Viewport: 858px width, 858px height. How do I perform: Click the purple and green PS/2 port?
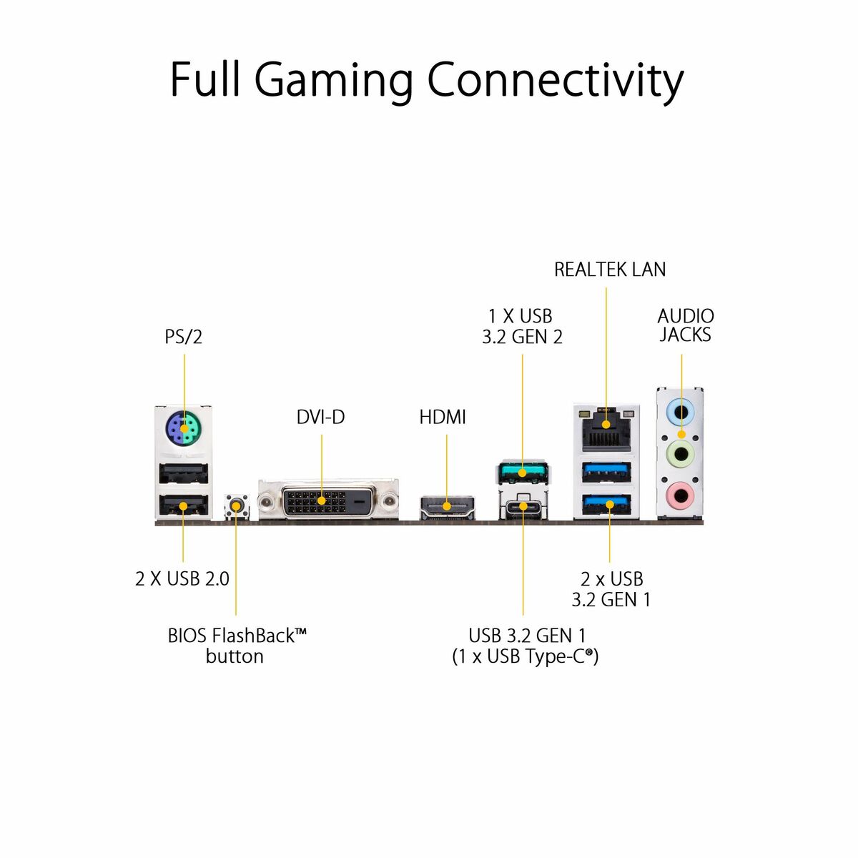tap(184, 430)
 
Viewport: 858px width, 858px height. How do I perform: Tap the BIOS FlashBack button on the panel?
tap(235, 506)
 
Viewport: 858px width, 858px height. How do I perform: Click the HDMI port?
tap(447, 506)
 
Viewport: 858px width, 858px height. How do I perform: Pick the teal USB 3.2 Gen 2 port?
tap(523, 472)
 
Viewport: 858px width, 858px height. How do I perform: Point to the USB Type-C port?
tap(523, 507)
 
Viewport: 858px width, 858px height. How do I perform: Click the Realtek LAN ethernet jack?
tap(606, 423)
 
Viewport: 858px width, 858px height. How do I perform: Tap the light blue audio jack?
tap(681, 413)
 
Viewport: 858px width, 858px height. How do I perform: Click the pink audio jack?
tap(681, 493)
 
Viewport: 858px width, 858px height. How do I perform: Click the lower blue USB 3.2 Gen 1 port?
tap(607, 505)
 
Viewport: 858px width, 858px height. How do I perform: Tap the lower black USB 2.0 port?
tap(183, 506)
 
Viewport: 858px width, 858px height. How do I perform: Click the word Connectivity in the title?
tap(555, 80)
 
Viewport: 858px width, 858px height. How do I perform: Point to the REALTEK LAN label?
tap(610, 270)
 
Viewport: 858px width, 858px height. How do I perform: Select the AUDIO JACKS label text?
tap(685, 325)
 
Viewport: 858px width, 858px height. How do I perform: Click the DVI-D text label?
tap(320, 417)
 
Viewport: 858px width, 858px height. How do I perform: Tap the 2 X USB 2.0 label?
tap(182, 578)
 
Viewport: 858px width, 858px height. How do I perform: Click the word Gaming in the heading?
tap(333, 80)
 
